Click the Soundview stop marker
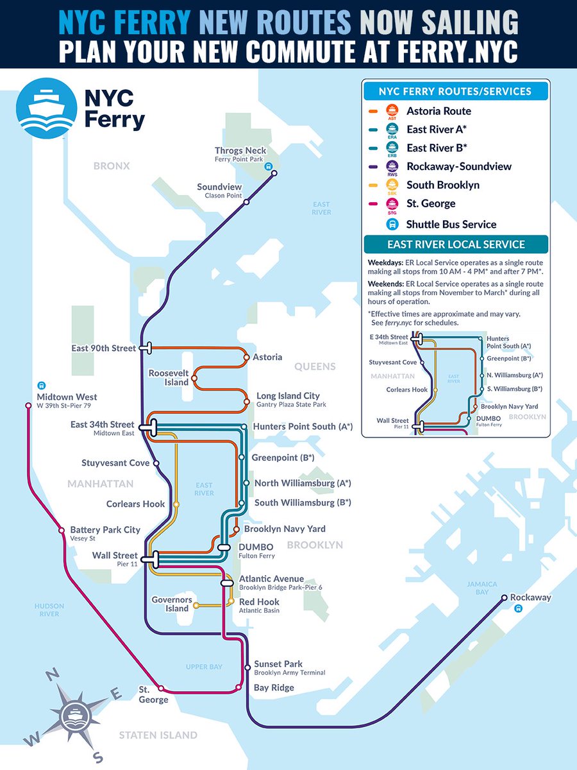[x=246, y=202]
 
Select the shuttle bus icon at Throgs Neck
[x=270, y=164]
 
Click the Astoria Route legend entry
[x=439, y=111]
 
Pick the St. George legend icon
[x=390, y=203]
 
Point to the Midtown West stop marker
[x=28, y=406]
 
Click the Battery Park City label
[x=105, y=530]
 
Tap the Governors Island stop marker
[x=196, y=604]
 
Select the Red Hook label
[x=259, y=602]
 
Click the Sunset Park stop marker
[x=247, y=668]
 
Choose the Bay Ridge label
[x=274, y=688]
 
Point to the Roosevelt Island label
[x=169, y=377]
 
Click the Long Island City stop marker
[x=246, y=402]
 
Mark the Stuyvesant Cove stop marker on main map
[x=156, y=463]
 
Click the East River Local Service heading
[x=455, y=244]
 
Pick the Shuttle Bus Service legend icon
[x=390, y=224]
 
